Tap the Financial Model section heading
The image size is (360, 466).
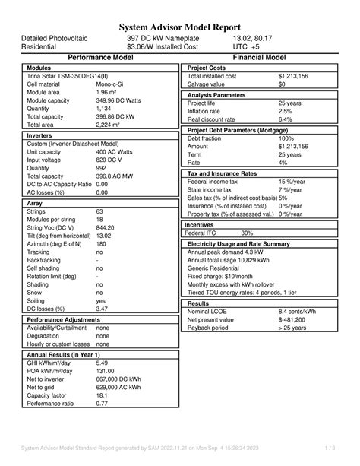click(259, 57)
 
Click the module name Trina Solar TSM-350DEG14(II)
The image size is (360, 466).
click(68, 77)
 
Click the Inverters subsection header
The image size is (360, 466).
click(44, 135)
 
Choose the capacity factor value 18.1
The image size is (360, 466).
click(103, 395)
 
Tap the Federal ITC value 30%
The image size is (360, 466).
click(247, 233)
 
